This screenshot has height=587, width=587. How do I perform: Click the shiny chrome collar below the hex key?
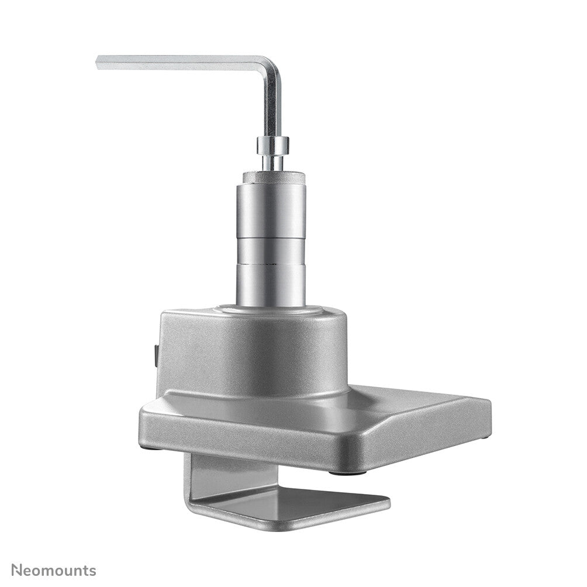272,144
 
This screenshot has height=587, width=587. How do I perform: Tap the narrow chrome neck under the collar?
272,162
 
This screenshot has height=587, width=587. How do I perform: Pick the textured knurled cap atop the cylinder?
272,176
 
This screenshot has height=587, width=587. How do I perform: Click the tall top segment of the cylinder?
271,210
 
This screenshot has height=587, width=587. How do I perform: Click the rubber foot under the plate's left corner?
150,449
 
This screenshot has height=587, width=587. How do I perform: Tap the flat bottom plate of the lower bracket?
292,509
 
